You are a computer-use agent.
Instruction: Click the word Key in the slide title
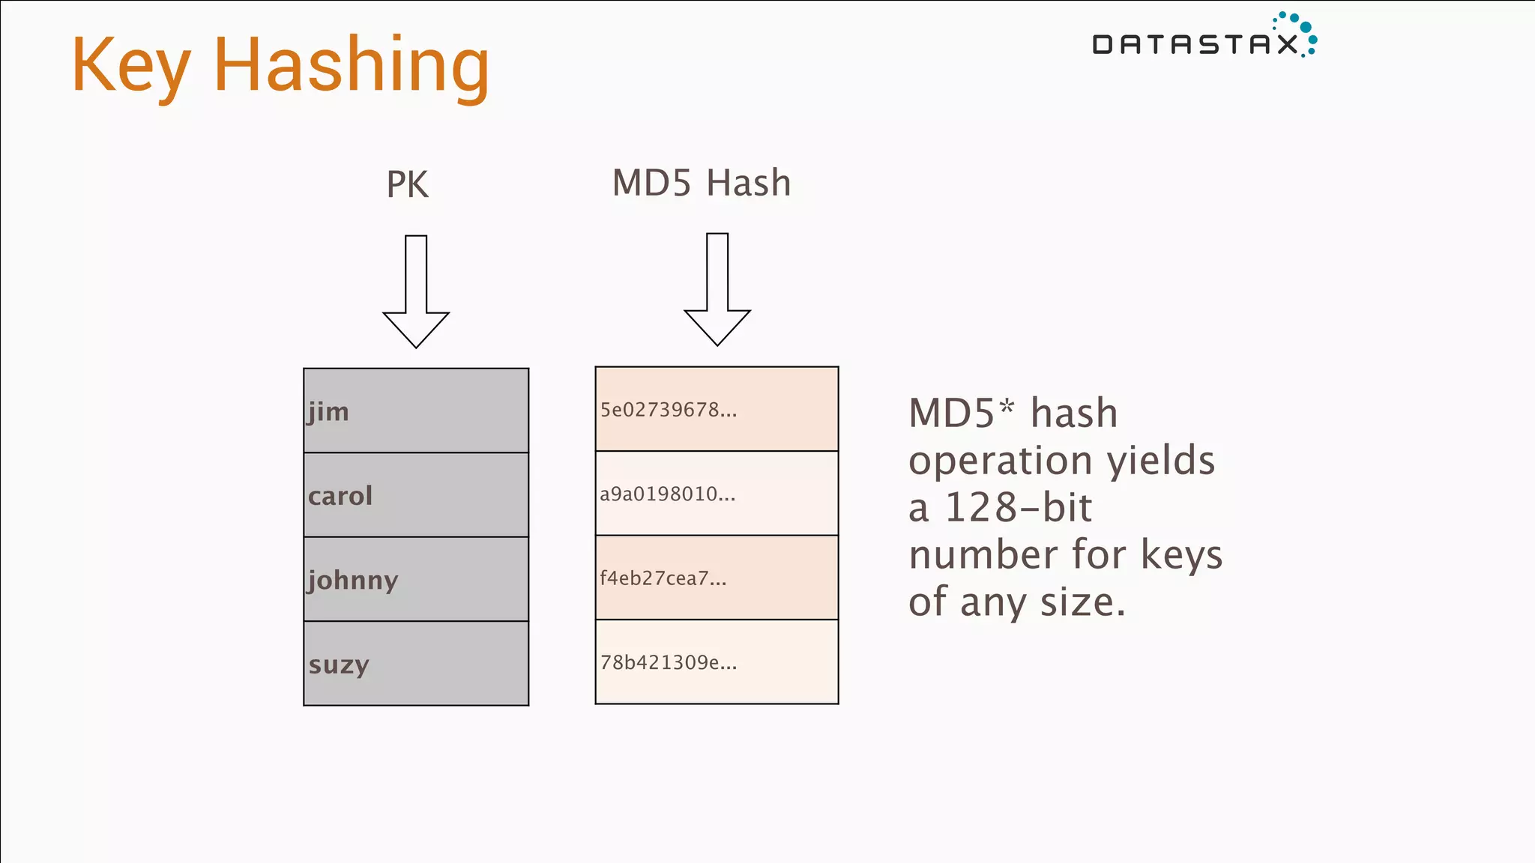point(130,66)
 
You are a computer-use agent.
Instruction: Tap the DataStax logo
point(1204,37)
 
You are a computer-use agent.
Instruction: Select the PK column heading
point(407,184)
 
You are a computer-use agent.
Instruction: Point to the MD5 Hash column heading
point(701,183)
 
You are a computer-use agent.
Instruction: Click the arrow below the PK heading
point(416,292)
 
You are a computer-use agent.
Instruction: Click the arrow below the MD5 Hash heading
point(717,290)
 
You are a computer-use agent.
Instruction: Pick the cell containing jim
point(416,411)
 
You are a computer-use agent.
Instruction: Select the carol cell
point(416,495)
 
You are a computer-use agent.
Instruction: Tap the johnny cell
point(416,579)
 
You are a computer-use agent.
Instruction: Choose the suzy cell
point(416,664)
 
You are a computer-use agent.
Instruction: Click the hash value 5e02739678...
point(669,410)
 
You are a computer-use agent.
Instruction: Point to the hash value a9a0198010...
point(667,494)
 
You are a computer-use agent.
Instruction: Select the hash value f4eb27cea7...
point(663,578)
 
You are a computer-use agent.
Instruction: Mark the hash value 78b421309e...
point(669,662)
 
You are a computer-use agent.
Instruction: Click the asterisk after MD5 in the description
point(1006,406)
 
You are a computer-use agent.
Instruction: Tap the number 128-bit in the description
point(1018,508)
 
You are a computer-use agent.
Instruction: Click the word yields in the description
point(1161,461)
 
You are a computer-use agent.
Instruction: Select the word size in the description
point(1082,602)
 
